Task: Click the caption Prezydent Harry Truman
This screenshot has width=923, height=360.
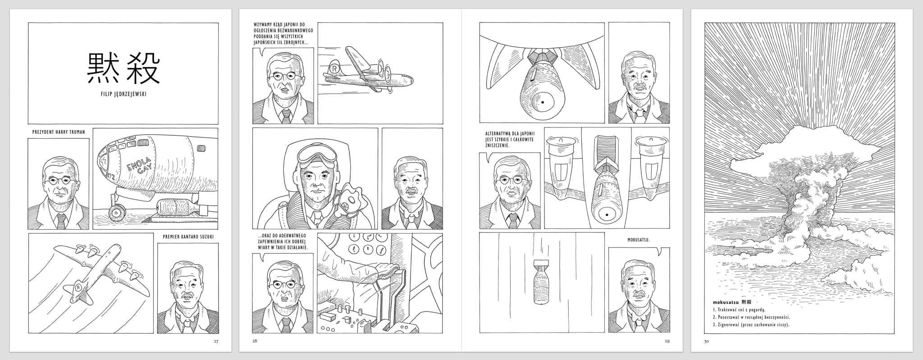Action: (x=59, y=132)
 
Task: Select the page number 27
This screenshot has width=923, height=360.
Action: (x=216, y=341)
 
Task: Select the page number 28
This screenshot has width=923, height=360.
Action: (x=255, y=341)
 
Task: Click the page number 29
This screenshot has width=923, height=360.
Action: (x=667, y=341)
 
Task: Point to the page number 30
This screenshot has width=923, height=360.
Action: (x=706, y=341)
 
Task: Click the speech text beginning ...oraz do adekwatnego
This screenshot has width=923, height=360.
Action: (x=283, y=242)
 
